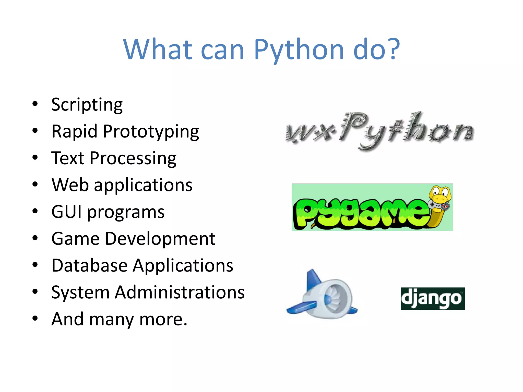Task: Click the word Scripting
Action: [87, 105]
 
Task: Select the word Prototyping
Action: [151, 132]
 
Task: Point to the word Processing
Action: [133, 158]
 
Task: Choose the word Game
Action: [75, 239]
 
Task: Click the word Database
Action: [89, 265]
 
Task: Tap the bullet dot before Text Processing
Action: [35, 157]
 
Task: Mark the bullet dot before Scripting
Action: [35, 104]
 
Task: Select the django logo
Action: [433, 299]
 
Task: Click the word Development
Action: [160, 239]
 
